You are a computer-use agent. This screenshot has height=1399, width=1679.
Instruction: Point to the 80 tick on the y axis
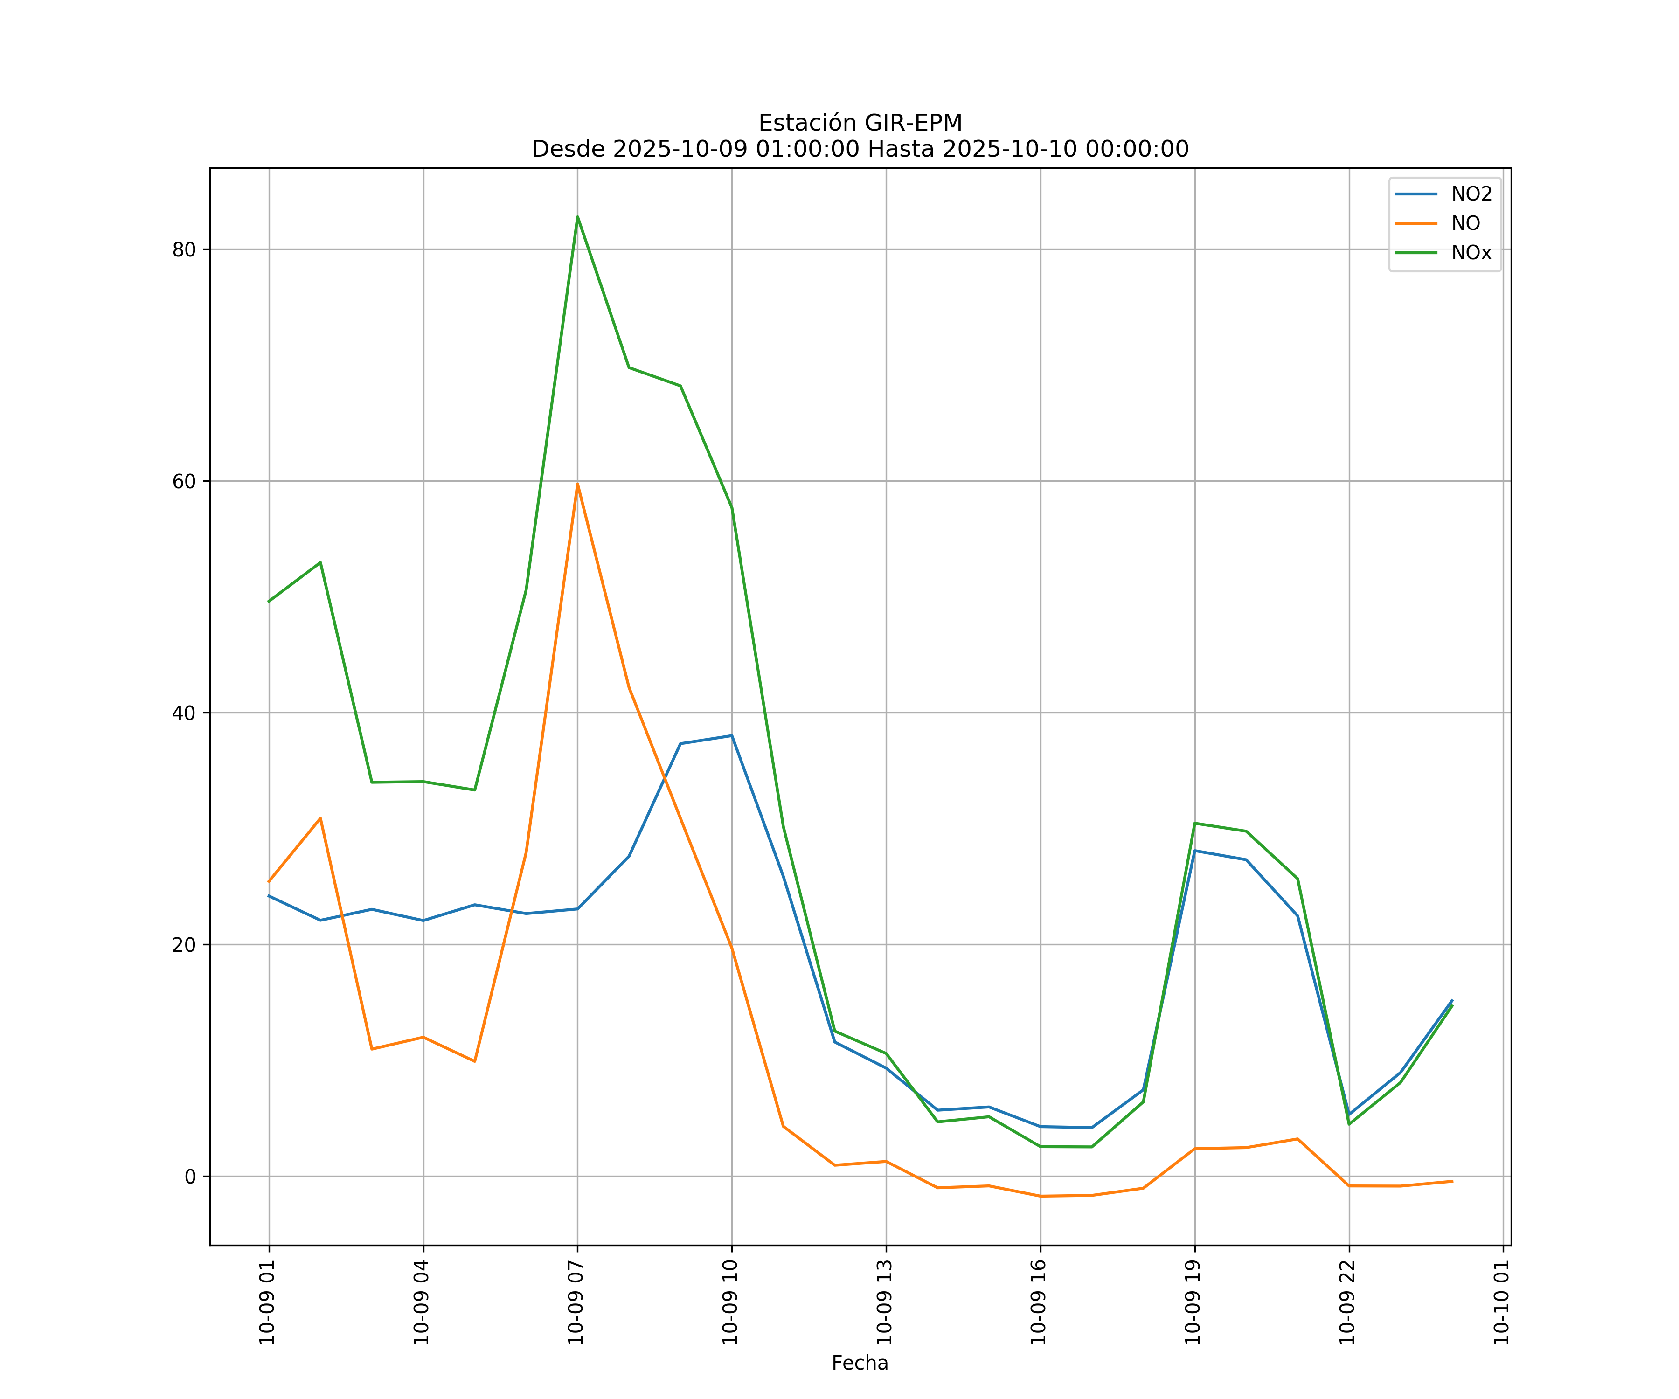(x=184, y=249)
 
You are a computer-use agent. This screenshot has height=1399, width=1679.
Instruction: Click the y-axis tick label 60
(x=184, y=481)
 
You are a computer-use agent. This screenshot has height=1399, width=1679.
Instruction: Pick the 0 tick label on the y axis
(x=190, y=1177)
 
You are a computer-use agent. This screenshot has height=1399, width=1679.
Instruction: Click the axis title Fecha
(x=860, y=1363)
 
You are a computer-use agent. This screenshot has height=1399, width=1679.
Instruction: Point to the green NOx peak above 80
(x=577, y=217)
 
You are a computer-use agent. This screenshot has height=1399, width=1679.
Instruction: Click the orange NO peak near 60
(x=577, y=484)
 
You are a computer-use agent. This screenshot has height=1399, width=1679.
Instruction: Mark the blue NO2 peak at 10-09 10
(x=732, y=735)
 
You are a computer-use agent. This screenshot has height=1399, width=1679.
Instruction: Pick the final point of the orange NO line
(x=1452, y=1182)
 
